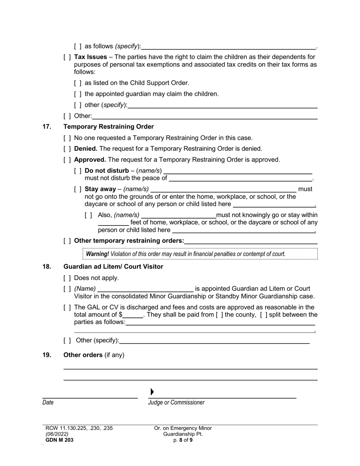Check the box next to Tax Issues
67,57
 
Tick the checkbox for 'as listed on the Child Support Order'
78,83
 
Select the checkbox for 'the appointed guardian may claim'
78,94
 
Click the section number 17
47,127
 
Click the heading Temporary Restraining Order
108,127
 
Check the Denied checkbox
67,149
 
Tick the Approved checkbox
67,160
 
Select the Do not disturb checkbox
78,171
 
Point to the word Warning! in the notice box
97,254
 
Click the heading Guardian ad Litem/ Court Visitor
113,267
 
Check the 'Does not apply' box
67,278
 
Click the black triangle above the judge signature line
152,392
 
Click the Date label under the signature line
48,403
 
